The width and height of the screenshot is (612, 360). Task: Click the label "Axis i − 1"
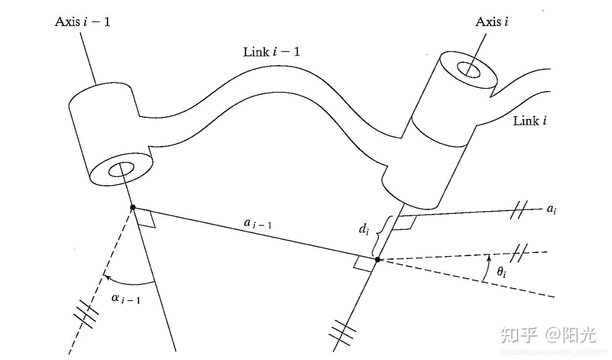[x=82, y=22]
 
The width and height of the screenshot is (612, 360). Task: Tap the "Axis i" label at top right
[x=492, y=22]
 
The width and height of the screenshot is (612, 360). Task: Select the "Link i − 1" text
[x=272, y=51]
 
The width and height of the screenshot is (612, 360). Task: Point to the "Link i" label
[x=530, y=121]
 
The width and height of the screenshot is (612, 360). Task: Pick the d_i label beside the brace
[x=364, y=229]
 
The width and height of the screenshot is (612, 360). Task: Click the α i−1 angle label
[x=126, y=298]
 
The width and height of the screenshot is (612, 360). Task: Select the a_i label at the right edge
[x=551, y=209]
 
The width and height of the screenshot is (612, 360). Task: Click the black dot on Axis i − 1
[x=133, y=208]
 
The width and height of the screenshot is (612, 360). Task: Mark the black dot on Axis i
[x=377, y=259]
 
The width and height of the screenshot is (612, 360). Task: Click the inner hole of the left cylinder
[x=122, y=170]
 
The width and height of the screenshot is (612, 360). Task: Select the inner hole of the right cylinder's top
[x=468, y=70]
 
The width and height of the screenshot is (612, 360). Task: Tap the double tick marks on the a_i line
[x=519, y=210]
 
